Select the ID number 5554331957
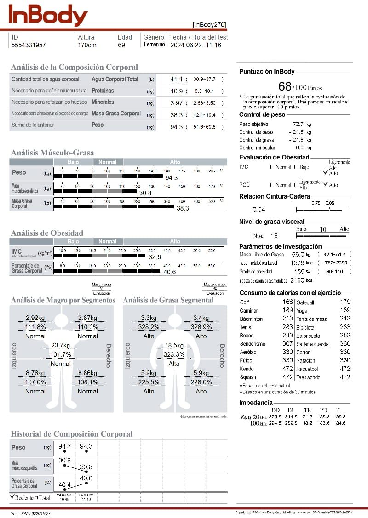click(x=29, y=45)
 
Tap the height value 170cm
click(x=87, y=45)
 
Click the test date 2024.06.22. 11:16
click(x=195, y=45)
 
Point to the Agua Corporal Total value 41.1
click(x=176, y=80)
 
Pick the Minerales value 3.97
click(x=176, y=103)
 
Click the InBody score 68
click(x=285, y=86)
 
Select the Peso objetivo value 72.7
click(x=298, y=125)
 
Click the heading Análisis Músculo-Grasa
click(x=52, y=153)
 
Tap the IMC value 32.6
click(x=155, y=257)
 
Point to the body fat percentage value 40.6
click(x=170, y=272)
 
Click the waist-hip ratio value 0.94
click(x=259, y=210)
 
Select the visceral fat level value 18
click(x=274, y=236)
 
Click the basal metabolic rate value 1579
click(x=297, y=263)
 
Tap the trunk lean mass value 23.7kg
click(x=60, y=345)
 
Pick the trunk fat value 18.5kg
click(x=174, y=345)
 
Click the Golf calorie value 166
click(x=287, y=302)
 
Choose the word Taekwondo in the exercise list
click(x=309, y=377)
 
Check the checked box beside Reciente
click(x=12, y=497)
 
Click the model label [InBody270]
click(x=209, y=25)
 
